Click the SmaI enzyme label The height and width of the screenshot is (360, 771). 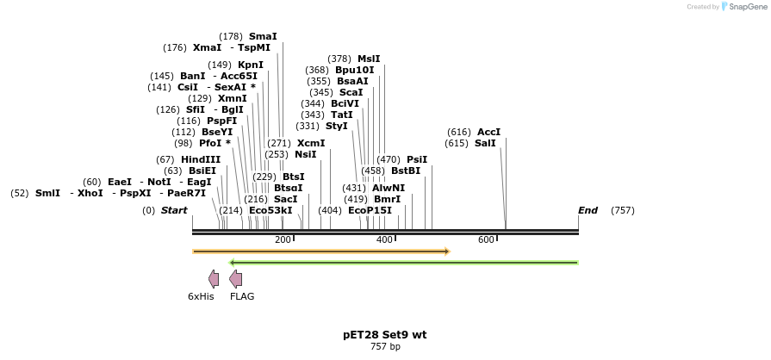click(263, 36)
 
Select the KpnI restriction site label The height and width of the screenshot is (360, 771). click(251, 65)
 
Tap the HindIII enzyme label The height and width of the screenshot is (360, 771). click(201, 159)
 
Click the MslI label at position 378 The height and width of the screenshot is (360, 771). click(369, 59)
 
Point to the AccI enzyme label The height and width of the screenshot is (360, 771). click(488, 132)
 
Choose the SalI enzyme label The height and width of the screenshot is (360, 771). click(485, 143)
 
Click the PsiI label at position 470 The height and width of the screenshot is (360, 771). click(417, 159)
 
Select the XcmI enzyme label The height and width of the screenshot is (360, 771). click(311, 143)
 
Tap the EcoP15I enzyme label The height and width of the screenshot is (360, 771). click(370, 210)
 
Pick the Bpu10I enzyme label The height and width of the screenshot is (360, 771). click(355, 70)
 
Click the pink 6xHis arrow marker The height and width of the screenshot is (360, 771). click(214, 278)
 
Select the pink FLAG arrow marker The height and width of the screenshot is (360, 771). click(235, 278)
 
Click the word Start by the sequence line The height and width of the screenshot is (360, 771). click(174, 210)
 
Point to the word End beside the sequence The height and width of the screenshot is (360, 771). click(588, 210)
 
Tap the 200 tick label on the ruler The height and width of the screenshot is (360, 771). click(283, 239)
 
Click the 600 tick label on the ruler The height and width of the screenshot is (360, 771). click(486, 239)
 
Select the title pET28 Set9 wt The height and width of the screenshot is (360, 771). click(384, 334)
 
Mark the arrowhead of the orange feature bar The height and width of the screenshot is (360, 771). click(446, 251)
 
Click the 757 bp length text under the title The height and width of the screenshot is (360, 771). click(385, 346)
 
